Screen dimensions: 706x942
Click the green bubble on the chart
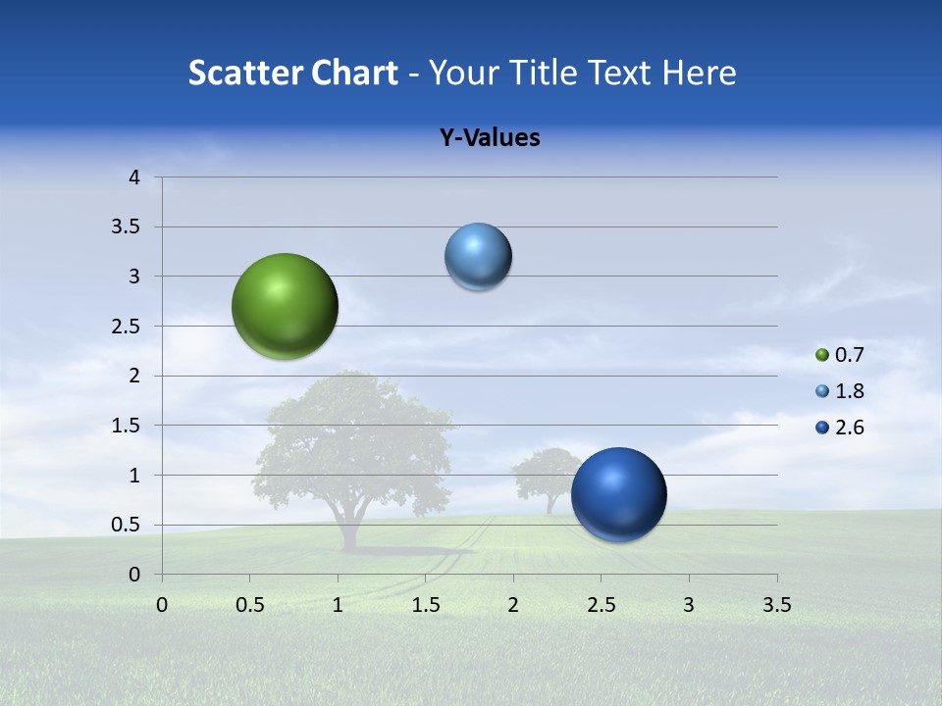pyautogui.click(x=285, y=306)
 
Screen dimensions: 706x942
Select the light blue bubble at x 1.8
pyautogui.click(x=478, y=257)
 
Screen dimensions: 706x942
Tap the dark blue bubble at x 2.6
pyautogui.click(x=618, y=494)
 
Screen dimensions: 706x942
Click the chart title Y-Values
pyautogui.click(x=489, y=138)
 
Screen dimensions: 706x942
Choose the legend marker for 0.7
pyautogui.click(x=822, y=355)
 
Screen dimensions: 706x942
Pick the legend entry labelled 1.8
pyautogui.click(x=849, y=391)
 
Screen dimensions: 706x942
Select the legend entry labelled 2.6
pyautogui.click(x=849, y=428)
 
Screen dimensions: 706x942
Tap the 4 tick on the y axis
pyautogui.click(x=134, y=177)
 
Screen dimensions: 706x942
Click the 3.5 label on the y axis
pyautogui.click(x=128, y=227)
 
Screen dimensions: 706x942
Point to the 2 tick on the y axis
pyautogui.click(x=134, y=376)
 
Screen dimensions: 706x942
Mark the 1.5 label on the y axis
pyautogui.click(x=128, y=426)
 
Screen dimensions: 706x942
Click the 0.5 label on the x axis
pyautogui.click(x=249, y=605)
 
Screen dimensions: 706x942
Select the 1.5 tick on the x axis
pyautogui.click(x=425, y=605)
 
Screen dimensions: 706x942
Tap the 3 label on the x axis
pyautogui.click(x=689, y=605)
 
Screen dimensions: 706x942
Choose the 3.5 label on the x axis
pyautogui.click(x=776, y=605)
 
